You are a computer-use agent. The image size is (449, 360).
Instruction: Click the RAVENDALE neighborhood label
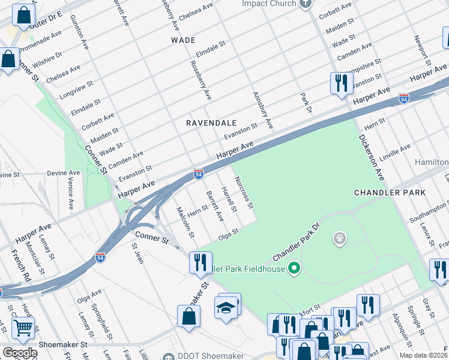(x=211, y=122)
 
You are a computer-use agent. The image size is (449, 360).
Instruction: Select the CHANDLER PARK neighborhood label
(x=390, y=193)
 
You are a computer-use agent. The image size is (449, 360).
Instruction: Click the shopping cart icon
(x=23, y=328)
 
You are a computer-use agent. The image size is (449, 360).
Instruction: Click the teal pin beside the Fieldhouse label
(x=294, y=268)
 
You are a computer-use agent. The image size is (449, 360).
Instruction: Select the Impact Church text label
(x=270, y=4)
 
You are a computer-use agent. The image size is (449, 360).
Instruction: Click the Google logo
(x=19, y=353)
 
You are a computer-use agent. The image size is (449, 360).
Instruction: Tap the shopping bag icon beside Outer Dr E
(x=23, y=17)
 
